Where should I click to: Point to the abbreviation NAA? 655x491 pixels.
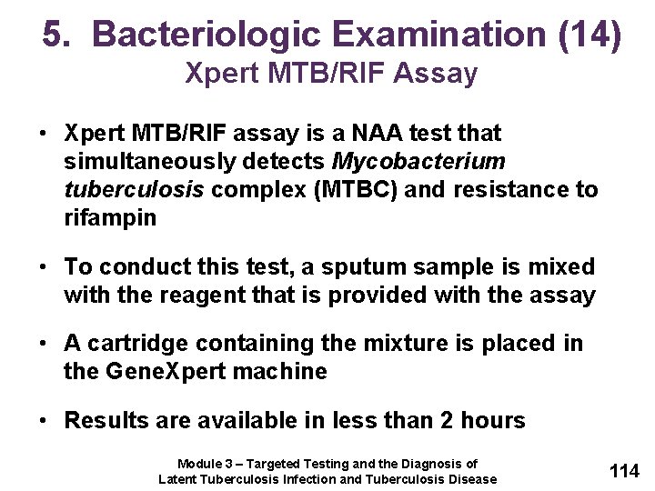tap(381, 134)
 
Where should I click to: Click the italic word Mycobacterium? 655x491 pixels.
tap(419, 162)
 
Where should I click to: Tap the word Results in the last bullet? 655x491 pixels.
tap(103, 420)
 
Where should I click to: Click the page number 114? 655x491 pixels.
tap(624, 470)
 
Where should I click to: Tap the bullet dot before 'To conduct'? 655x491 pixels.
tap(44, 267)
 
